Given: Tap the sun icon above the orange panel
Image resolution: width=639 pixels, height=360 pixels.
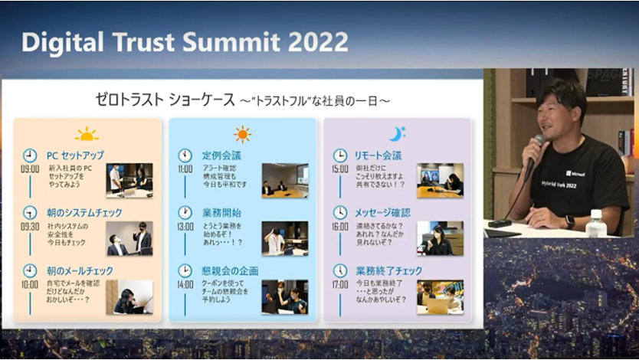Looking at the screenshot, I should point(87,135).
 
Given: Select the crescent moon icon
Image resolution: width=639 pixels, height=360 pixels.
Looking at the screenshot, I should point(395,135).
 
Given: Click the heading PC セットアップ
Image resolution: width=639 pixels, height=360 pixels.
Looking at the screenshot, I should point(75,155).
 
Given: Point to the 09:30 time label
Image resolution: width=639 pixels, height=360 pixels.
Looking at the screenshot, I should point(30,227).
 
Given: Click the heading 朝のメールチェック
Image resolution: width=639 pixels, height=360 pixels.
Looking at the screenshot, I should point(80,270).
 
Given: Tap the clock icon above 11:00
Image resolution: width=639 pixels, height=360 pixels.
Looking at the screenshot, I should point(185,155).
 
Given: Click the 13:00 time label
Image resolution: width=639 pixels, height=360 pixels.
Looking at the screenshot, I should point(186,227).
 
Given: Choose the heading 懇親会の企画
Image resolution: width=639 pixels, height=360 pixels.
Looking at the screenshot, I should point(230,270).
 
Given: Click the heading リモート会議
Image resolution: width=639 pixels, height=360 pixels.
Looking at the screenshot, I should point(378,155).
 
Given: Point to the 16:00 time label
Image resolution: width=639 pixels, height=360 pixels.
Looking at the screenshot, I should point(340,227).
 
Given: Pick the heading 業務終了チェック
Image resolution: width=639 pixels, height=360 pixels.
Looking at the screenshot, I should point(389,270).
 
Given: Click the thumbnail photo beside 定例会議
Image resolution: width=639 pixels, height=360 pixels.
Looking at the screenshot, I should point(284,181).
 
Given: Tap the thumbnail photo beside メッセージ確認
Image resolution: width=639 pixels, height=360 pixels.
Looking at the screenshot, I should point(440,238).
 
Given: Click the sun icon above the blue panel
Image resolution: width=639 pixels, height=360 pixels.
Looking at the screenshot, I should point(242,135).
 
